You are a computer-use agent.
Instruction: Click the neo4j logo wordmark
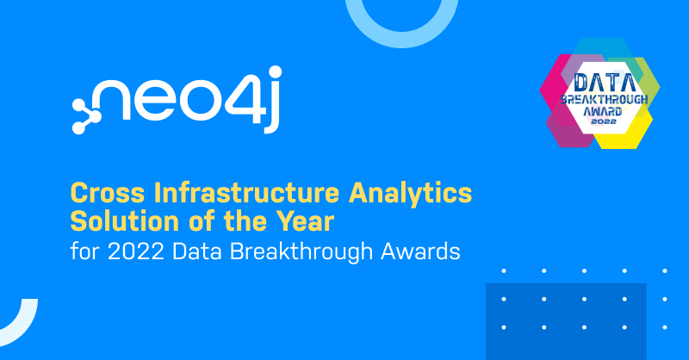176,99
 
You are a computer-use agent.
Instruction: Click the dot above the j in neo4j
275,72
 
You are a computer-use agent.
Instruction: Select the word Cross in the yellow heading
108,193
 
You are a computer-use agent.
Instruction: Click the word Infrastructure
246,193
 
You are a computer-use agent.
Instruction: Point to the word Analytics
411,194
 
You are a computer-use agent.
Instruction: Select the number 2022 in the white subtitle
136,251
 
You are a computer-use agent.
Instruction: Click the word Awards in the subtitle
420,251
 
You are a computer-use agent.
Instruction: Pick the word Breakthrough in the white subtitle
301,252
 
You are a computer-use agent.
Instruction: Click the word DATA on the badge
605,83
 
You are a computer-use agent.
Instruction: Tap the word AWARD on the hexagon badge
603,111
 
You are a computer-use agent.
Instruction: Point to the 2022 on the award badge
604,121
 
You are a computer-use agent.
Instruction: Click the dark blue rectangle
566,321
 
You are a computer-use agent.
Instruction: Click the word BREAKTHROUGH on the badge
605,99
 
